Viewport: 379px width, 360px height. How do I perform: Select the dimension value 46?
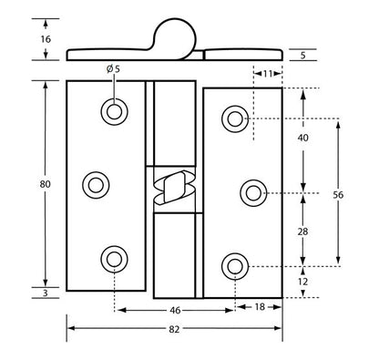click(174, 311)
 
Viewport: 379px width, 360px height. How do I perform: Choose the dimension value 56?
click(339, 194)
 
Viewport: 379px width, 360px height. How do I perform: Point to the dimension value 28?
click(302, 231)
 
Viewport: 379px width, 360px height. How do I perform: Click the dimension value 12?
click(302, 282)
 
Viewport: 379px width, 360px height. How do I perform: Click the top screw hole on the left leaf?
click(115, 111)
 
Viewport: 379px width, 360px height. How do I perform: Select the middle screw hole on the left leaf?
click(95, 185)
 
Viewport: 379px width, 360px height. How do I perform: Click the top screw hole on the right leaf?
click(235, 118)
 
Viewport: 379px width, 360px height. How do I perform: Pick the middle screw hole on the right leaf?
click(254, 192)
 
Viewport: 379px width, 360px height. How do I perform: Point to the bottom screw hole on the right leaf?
click(235, 266)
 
